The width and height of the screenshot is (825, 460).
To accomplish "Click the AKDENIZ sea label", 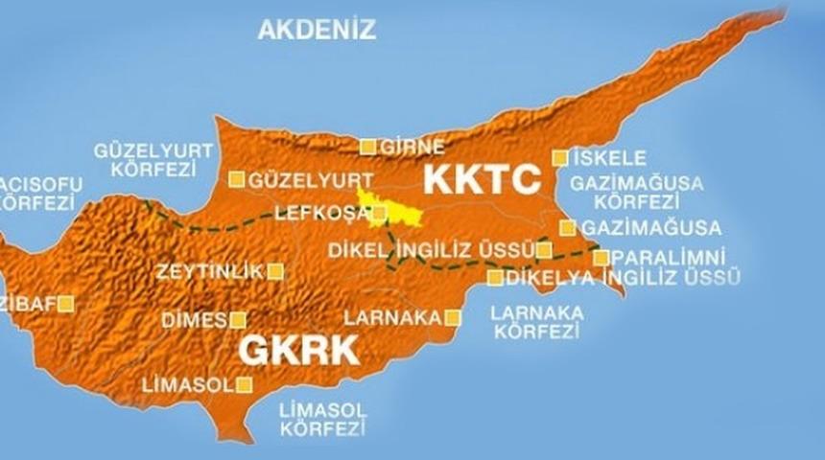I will point(317,30).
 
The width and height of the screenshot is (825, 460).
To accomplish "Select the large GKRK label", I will point(297,350).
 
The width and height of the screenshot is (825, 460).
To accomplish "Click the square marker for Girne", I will point(367,147).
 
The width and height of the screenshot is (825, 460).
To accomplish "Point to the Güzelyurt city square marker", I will point(236,179).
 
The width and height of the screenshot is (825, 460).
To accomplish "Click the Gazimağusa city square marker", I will point(568,227).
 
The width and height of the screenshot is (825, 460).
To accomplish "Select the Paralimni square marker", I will point(601,257).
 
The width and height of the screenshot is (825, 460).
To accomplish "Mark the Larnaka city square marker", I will point(453,317).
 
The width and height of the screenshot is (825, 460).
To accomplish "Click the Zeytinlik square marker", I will point(275,271).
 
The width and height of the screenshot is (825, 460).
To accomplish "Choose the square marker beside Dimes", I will point(237,320).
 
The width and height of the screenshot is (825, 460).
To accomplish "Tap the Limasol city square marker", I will point(244,385).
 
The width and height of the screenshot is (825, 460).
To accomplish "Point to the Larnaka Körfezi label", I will point(537,322).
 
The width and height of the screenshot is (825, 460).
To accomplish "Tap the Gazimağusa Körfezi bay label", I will point(636,192).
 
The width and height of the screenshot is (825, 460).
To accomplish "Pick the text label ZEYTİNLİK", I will point(209,272).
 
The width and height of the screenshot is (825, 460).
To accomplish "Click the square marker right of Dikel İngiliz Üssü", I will point(544,251).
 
